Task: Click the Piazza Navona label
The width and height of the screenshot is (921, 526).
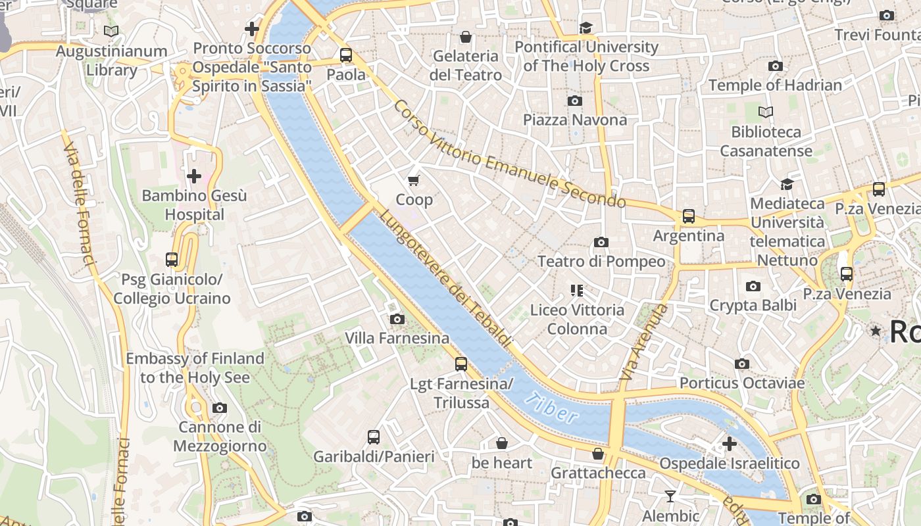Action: coord(575,120)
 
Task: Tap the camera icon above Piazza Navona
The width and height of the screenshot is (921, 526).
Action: coord(575,101)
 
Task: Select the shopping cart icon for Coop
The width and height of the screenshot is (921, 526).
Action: coord(414,180)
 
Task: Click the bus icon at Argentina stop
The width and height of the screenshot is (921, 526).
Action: coord(689,216)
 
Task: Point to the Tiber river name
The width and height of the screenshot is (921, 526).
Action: coord(553,408)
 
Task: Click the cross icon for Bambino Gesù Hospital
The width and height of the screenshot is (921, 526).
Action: coord(194,176)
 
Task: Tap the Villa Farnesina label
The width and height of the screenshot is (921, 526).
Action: coord(397,338)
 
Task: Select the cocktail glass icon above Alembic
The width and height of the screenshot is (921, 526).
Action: coord(670,496)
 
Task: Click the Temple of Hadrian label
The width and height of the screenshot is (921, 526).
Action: coord(775,85)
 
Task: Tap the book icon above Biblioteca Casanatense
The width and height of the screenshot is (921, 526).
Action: coord(766,112)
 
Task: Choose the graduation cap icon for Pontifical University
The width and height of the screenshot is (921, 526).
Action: coord(585,28)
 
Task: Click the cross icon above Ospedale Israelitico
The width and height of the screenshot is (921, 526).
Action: coord(730,444)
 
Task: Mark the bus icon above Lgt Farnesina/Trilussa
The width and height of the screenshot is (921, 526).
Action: coord(461,364)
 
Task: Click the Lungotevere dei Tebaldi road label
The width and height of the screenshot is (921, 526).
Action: coord(445,279)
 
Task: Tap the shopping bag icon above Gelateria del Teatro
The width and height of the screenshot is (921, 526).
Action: coord(466,37)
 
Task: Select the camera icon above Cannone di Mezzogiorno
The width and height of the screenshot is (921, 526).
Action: coord(220,408)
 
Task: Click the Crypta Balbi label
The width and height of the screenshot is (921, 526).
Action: coord(753,305)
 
